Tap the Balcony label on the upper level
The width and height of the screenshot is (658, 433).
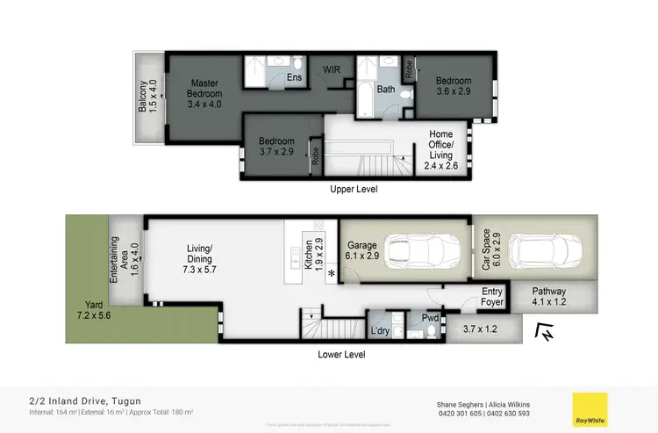(x=147, y=96)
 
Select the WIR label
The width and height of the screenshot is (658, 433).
(x=333, y=68)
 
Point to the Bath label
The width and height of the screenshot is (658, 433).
(x=386, y=89)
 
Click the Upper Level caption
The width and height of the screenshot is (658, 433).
(x=354, y=189)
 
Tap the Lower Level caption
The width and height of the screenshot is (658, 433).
(x=341, y=354)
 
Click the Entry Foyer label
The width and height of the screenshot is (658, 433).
(x=494, y=297)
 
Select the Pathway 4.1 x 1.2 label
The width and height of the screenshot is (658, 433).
(x=548, y=297)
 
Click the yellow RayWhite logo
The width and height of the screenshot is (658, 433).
(x=588, y=408)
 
